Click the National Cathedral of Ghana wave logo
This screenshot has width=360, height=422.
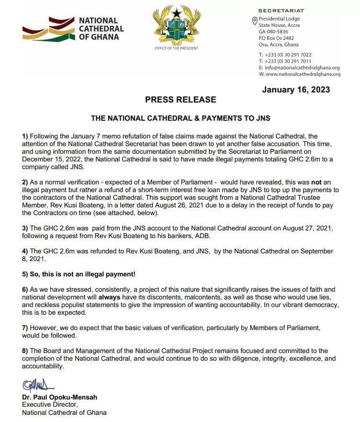point(46,30)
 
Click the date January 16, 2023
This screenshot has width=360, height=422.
point(296,90)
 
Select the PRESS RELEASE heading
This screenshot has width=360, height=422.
point(180,100)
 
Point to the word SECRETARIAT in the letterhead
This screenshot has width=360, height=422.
point(281,11)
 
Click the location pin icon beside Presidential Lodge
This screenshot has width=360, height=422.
point(255,20)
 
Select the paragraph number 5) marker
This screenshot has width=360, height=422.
point(26,274)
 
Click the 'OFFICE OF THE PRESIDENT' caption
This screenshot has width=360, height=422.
point(176,48)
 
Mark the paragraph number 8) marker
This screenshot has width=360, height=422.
point(26,351)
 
